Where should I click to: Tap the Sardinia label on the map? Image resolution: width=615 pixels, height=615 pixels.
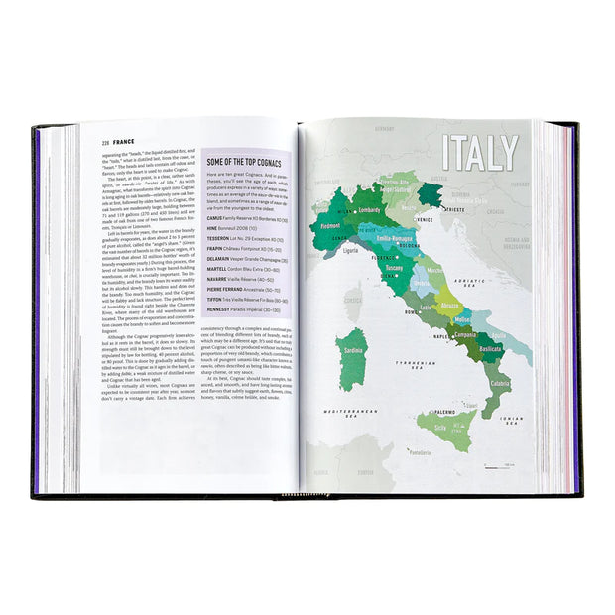(x=352, y=350)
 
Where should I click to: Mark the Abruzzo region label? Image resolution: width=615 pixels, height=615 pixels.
(x=450, y=306)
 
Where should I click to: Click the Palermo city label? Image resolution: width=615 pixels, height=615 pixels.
(x=418, y=410)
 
